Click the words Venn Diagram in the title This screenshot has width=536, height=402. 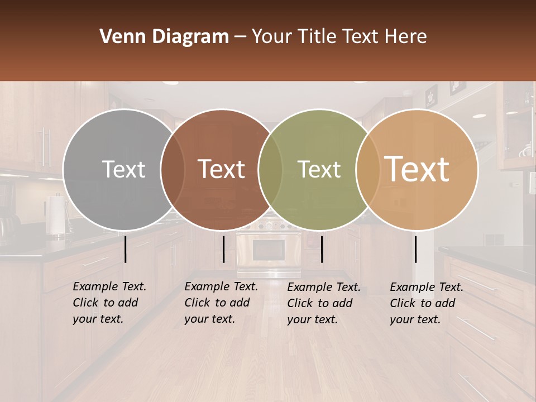click(x=164, y=37)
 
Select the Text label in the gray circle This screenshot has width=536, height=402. click(x=123, y=169)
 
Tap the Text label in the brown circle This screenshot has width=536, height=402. click(x=222, y=169)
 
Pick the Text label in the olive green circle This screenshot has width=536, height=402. click(x=319, y=169)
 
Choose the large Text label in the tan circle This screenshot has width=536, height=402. click(x=417, y=169)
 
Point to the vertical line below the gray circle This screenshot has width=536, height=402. click(x=126, y=249)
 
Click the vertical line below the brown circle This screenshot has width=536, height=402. click(x=223, y=249)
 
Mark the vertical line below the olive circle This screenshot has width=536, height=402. click(x=322, y=249)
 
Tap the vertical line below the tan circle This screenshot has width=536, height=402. click(x=415, y=249)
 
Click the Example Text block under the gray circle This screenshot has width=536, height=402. click(x=109, y=303)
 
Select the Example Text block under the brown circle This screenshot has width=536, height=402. click(x=221, y=303)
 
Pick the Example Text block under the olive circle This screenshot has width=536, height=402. click(x=323, y=303)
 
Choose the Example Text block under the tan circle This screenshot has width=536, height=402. click(x=426, y=303)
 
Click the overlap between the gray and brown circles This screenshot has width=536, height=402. click(x=173, y=169)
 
